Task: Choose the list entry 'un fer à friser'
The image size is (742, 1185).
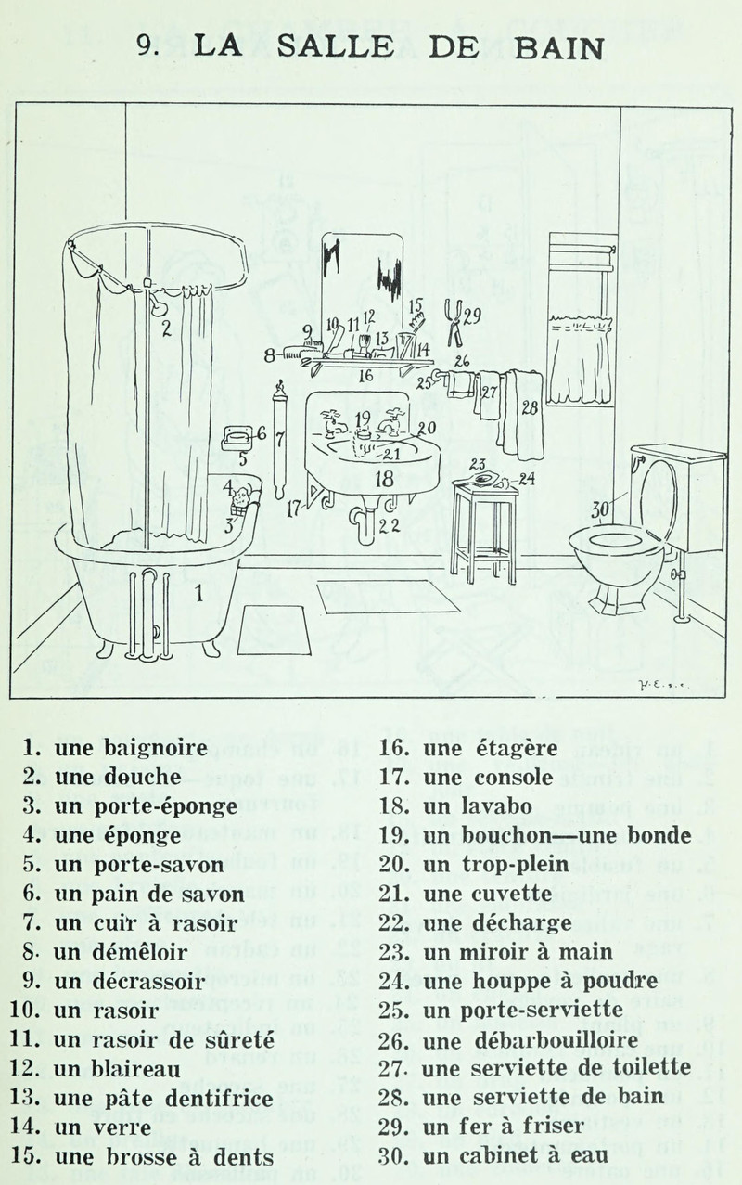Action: pyautogui.click(x=492, y=1127)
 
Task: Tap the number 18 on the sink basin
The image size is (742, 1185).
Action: pyautogui.click(x=384, y=479)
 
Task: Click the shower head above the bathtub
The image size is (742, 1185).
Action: pyautogui.click(x=159, y=301)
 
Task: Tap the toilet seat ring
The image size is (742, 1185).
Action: pyautogui.click(x=616, y=540)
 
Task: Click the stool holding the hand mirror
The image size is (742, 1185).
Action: pyautogui.click(x=484, y=534)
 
